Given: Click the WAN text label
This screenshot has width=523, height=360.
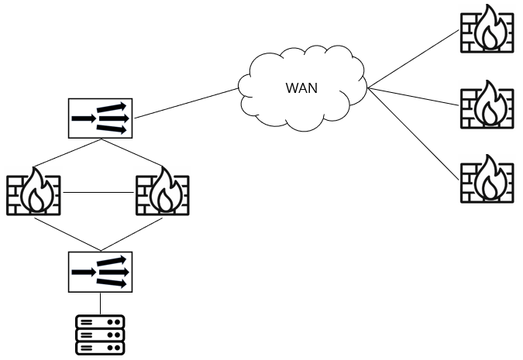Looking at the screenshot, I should coord(301,87).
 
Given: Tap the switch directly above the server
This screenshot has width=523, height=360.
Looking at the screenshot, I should coord(100,272).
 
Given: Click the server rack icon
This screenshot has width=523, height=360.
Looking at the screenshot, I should coord(100,334).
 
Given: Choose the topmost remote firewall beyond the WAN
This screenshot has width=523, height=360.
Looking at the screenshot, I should coord(487,29).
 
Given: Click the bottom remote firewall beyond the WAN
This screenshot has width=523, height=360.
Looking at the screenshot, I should coord(487,179).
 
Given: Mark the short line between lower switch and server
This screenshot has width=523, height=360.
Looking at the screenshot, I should coord(100,303).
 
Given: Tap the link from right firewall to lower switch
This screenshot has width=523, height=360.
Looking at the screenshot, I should coord(132,233).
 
